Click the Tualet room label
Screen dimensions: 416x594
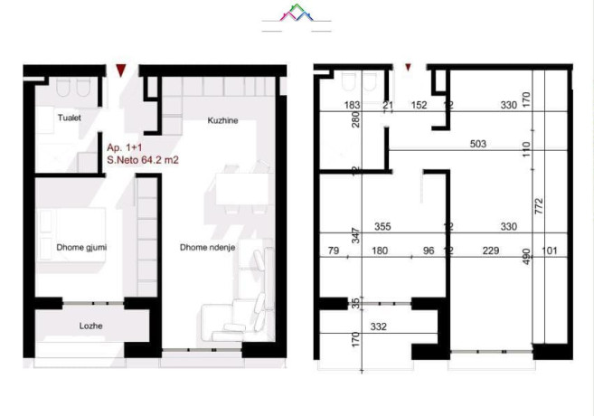coord(60,115)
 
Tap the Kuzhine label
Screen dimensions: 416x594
coord(222,121)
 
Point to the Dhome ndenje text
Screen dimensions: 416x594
coord(207,244)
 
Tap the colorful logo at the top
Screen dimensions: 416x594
coord(297,14)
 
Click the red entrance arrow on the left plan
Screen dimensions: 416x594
coord(121,69)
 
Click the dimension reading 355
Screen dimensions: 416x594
coord(382,227)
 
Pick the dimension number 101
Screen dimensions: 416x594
coord(552,251)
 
